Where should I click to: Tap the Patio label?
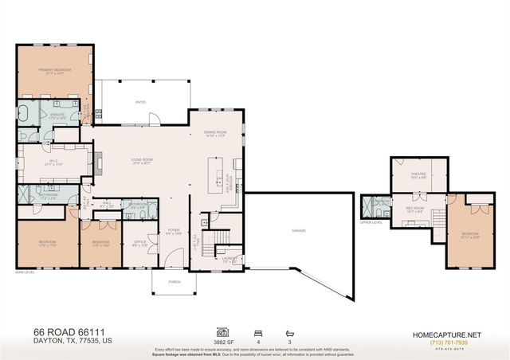coord(140,103)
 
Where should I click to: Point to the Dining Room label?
coord(216,134)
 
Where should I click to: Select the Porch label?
coord(174,282)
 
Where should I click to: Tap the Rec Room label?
coord(414,209)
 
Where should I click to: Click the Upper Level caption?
coord(371,222)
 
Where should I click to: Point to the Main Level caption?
coord(25,272)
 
